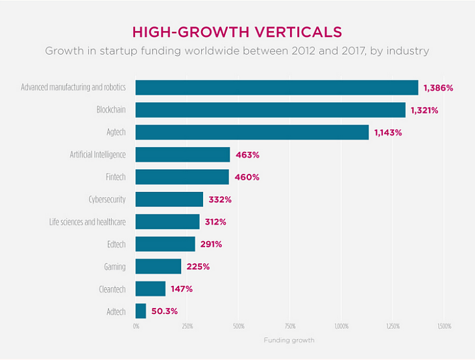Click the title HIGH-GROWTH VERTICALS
coord(237,32)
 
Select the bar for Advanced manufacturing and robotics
coord(276,88)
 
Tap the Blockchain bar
coord(270,110)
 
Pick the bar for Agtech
coord(252,132)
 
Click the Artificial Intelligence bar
coord(182,154)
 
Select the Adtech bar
coord(141,311)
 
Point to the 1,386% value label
coord(438,88)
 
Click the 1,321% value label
coord(424,110)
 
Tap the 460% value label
coord(247,177)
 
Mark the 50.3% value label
coord(165,311)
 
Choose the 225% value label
coord(198,267)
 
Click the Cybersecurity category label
coord(107,199)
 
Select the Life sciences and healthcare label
coord(88,222)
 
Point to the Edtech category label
coord(116,245)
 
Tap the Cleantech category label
coord(112,289)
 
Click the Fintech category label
coord(115,177)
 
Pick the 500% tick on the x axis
coord(238,326)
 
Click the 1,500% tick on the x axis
coord(444,326)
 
